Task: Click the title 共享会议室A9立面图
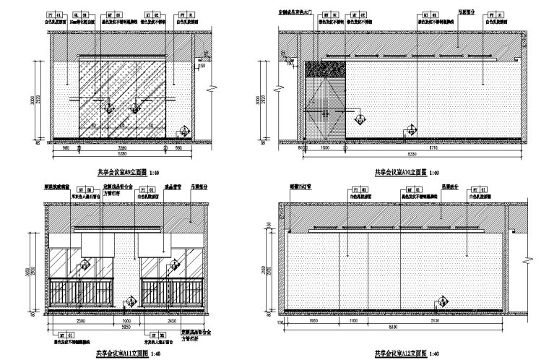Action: (120, 173)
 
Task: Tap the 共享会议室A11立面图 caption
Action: (121, 353)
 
